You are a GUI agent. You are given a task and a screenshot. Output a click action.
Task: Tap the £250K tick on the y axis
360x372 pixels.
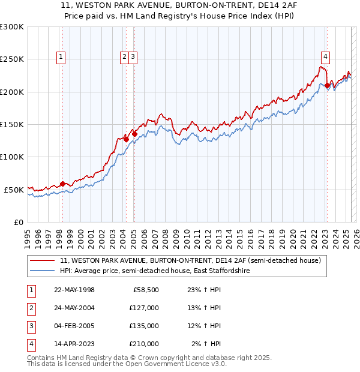click(12, 59)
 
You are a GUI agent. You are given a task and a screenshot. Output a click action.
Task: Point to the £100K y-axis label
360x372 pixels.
click(12, 157)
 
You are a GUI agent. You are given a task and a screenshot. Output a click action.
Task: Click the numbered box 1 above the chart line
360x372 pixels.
click(62, 58)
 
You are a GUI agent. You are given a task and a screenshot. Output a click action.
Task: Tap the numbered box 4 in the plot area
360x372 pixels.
click(325, 58)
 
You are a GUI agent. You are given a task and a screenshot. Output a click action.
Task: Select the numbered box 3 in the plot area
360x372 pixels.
click(133, 58)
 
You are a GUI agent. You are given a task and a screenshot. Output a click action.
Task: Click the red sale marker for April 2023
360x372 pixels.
click(327, 86)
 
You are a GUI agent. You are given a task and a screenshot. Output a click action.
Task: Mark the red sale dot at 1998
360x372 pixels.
click(62, 184)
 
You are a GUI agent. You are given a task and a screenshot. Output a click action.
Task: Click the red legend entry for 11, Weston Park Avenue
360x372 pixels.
click(190, 260)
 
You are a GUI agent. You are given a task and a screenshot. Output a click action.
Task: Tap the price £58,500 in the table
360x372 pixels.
click(146, 290)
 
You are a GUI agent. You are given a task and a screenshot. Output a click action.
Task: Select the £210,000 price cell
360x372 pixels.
click(143, 344)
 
